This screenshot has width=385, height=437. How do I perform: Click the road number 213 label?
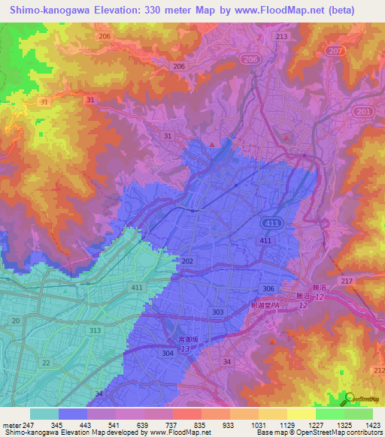(x=282, y=36)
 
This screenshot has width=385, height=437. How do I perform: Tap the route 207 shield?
(x=334, y=50)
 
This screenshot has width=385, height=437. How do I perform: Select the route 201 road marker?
(x=364, y=111)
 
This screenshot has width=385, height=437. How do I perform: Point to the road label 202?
(x=187, y=261)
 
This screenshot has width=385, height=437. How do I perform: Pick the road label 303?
(x=217, y=312)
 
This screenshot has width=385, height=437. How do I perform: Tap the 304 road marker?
(x=168, y=352)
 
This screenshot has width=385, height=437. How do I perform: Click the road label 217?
(x=346, y=281)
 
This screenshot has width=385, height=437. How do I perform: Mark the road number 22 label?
(x=47, y=363)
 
